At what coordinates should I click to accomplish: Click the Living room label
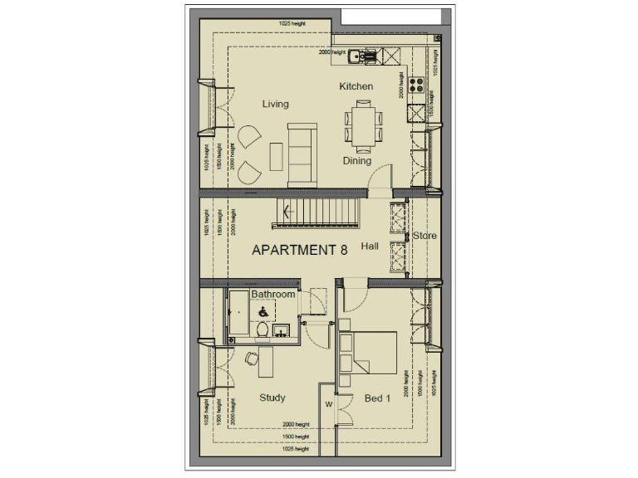pyautogui.click(x=275, y=105)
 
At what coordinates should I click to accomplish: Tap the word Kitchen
pyautogui.click(x=356, y=86)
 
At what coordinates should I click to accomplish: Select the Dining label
pyautogui.click(x=357, y=161)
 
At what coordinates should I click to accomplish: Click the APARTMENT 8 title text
pyautogui.click(x=299, y=250)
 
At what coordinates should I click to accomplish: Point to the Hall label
pyautogui.click(x=371, y=246)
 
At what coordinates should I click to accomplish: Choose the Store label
pyautogui.click(x=425, y=236)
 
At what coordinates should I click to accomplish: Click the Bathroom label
pyautogui.click(x=273, y=295)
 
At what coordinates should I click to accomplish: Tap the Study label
pyautogui.click(x=272, y=398)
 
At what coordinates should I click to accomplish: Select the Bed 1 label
pyautogui.click(x=377, y=399)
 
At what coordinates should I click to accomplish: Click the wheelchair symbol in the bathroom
pyautogui.click(x=263, y=312)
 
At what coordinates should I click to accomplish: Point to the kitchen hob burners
pyautogui.click(x=418, y=84)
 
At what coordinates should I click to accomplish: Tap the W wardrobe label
pyautogui.click(x=328, y=404)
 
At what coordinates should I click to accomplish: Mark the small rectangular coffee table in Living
pyautogui.click(x=277, y=154)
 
